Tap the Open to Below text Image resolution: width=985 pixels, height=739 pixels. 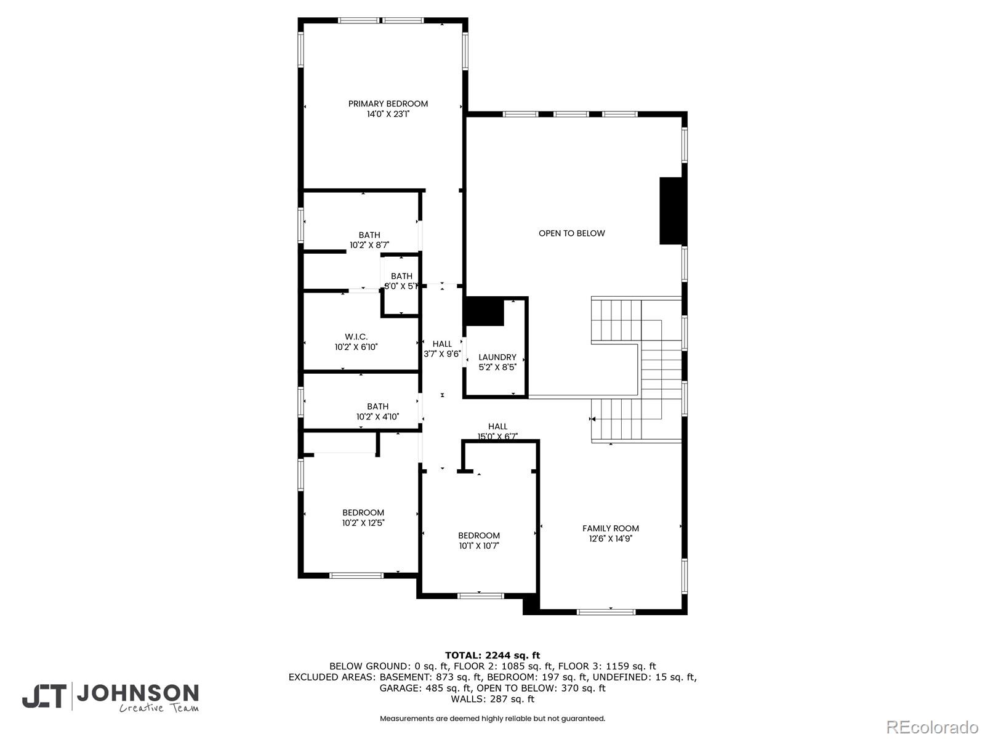(571, 233)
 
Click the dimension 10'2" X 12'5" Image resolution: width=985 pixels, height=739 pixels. (363, 523)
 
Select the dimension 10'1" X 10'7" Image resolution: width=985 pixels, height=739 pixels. (478, 546)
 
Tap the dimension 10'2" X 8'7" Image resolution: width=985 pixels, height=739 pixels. (369, 245)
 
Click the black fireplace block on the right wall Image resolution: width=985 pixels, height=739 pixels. (672, 211)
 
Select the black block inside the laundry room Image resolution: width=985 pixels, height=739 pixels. (483, 312)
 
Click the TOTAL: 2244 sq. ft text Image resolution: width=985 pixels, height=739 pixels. (492, 655)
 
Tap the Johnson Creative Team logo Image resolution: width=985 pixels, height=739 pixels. (111, 697)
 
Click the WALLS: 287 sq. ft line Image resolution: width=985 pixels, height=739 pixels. (492, 699)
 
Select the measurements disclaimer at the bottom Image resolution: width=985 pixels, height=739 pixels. (492, 719)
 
